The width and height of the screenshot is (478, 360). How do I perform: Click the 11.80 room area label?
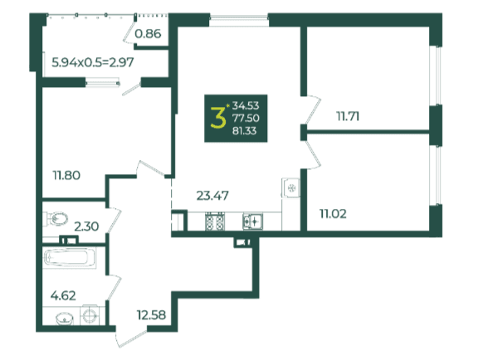tap(66, 175)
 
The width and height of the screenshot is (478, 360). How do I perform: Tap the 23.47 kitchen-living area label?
tap(212, 196)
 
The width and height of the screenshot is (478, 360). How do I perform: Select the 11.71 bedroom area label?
tap(348, 116)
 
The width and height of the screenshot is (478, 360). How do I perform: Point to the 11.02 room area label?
tap(333, 214)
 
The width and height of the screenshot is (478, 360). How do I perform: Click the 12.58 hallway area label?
tap(151, 315)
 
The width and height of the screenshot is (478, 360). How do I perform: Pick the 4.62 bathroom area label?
tap(63, 295)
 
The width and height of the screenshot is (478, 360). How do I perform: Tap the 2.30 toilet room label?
tap(86, 226)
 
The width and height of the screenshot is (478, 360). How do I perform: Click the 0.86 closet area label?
tap(148, 33)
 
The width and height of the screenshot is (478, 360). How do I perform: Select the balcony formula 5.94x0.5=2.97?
tap(93, 62)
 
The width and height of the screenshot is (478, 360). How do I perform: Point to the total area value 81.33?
tap(245, 131)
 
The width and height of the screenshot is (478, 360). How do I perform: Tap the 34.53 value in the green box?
tap(246, 105)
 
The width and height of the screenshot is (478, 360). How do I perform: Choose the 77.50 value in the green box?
tap(246, 118)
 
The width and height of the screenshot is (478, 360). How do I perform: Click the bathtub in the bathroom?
tap(70, 258)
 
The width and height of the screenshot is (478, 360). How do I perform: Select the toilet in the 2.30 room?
tap(56, 218)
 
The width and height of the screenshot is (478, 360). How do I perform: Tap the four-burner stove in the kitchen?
tap(215, 221)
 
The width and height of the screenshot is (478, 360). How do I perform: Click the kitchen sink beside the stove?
tap(253, 221)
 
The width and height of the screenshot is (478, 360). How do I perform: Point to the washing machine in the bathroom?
tap(90, 315)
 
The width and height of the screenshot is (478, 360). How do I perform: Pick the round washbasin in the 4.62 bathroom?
tap(65, 319)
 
